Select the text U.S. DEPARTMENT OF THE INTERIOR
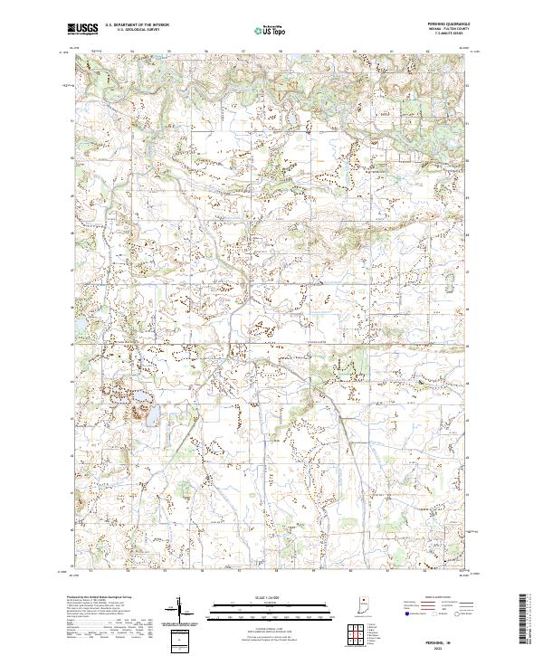pos(137,24)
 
